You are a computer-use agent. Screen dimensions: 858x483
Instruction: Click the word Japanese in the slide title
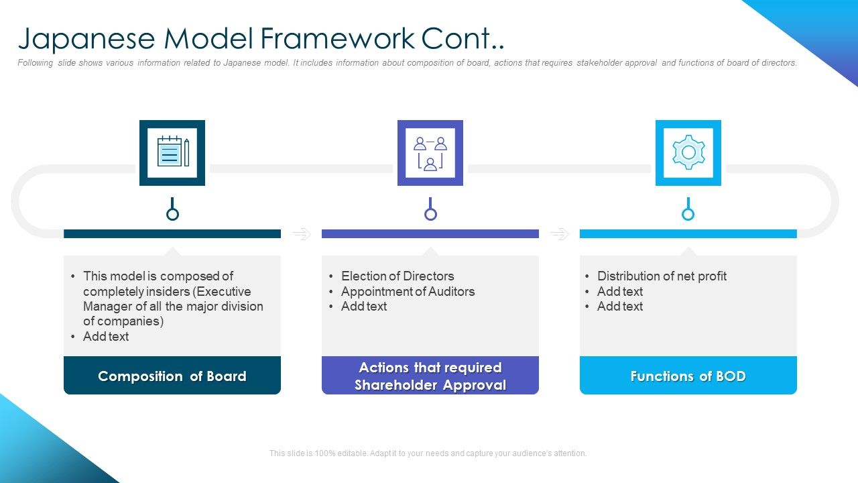click(x=86, y=39)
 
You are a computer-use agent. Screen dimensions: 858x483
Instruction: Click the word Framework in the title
click(x=337, y=38)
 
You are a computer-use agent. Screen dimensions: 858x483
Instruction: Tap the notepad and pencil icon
click(x=173, y=151)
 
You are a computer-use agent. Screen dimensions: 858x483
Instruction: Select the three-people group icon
click(x=430, y=154)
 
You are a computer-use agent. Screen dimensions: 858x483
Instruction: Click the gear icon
click(x=688, y=152)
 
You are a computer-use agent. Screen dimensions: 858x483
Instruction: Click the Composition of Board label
click(x=172, y=376)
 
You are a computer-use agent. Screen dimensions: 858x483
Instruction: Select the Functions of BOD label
click(x=688, y=376)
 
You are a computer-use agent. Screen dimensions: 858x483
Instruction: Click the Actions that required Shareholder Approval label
click(x=430, y=376)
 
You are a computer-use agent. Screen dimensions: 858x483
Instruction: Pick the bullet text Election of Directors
click(x=397, y=276)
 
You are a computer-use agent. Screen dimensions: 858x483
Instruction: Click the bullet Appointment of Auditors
click(x=408, y=291)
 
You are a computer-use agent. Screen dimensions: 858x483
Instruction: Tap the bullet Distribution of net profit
click(x=662, y=276)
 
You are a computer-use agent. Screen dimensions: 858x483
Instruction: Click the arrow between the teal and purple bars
click(x=302, y=233)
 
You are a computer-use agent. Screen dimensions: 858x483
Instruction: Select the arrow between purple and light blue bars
click(x=560, y=233)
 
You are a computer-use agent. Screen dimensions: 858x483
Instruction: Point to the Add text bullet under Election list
click(x=364, y=307)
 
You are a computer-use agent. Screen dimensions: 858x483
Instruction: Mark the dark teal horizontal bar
click(x=172, y=234)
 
